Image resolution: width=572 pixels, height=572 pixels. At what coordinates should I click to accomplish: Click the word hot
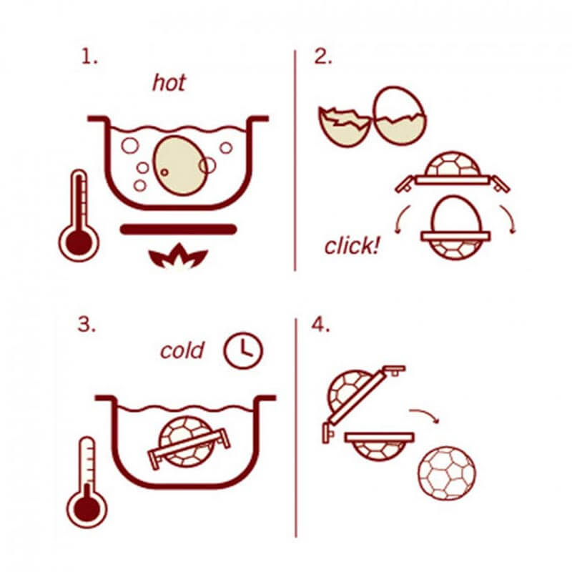click(169, 83)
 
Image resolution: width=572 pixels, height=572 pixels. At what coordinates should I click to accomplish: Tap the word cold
click(182, 350)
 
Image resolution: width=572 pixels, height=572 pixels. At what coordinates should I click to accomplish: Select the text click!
click(352, 245)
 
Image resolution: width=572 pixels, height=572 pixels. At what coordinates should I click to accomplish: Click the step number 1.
click(89, 57)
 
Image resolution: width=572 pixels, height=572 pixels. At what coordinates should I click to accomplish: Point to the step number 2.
click(323, 57)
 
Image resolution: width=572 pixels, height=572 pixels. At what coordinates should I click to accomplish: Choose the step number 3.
click(87, 324)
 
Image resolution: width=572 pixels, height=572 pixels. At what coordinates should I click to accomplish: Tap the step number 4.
click(320, 325)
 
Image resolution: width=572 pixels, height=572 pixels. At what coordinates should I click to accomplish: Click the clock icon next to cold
click(243, 350)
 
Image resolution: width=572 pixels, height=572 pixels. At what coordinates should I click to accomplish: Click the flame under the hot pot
click(178, 256)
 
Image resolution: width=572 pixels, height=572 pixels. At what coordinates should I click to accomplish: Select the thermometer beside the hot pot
click(79, 216)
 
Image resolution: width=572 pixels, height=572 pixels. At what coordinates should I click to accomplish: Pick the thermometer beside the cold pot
click(87, 482)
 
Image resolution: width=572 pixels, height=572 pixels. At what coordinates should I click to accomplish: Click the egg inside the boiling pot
click(179, 166)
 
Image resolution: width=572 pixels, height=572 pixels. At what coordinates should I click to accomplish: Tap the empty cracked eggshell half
click(345, 127)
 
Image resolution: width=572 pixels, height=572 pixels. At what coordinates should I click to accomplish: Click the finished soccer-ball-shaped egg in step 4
click(447, 473)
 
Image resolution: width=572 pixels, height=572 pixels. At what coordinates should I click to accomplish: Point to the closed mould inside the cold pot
click(189, 443)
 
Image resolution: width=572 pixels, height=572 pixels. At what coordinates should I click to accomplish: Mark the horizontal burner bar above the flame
click(178, 229)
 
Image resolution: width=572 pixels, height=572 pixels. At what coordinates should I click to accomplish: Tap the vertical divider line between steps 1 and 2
click(295, 160)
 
